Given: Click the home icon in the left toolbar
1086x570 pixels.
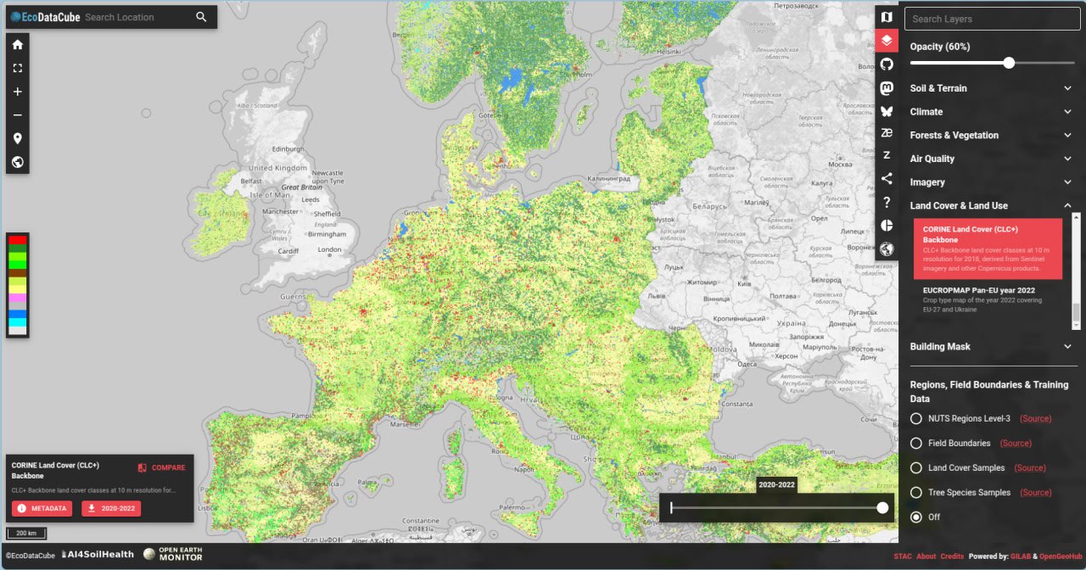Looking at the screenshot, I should (17, 44).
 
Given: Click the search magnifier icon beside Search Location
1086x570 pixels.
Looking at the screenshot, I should (201, 17).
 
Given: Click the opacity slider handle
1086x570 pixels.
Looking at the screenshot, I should (1009, 63).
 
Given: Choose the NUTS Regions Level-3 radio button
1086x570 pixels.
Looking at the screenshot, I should (916, 418).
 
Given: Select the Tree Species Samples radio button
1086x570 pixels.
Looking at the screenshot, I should (916, 492).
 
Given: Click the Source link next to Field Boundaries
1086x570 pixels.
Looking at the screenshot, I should (1016, 443).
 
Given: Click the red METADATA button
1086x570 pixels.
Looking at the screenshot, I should (42, 508).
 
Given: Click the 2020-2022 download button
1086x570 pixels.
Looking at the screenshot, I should (111, 508).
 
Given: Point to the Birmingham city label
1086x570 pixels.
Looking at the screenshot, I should (327, 234).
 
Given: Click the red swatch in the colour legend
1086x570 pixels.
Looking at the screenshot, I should (18, 240).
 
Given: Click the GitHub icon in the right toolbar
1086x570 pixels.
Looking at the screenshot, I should (887, 64).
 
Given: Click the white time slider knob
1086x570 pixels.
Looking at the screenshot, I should (882, 507).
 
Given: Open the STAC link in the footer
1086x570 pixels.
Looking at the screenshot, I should (902, 556).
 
